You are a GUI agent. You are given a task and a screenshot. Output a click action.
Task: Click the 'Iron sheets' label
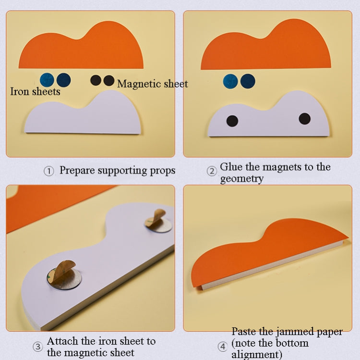(x=35, y=91)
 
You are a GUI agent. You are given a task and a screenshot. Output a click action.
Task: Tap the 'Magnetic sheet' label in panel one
(x=153, y=84)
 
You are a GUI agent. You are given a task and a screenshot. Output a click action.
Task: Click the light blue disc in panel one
(x=47, y=80)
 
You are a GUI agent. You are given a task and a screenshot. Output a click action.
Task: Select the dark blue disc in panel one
(x=63, y=80)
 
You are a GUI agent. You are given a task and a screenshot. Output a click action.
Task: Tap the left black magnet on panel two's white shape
(x=232, y=121)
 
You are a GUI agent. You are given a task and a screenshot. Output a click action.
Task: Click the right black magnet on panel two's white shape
(x=305, y=119)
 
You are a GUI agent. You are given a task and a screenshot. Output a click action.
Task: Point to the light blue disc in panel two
(x=230, y=81)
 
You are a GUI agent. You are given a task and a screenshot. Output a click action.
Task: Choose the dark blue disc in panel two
(x=248, y=81)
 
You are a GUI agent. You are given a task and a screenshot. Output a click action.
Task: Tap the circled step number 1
(x=48, y=171)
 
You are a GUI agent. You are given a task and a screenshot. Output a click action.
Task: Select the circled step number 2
(x=212, y=171)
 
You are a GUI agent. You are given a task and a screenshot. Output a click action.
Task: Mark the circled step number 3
(x=37, y=347)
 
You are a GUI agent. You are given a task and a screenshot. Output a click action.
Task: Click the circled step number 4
(x=223, y=347)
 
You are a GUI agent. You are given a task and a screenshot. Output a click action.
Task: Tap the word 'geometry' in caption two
(x=242, y=179)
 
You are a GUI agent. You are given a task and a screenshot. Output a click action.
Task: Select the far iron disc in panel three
(x=158, y=222)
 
